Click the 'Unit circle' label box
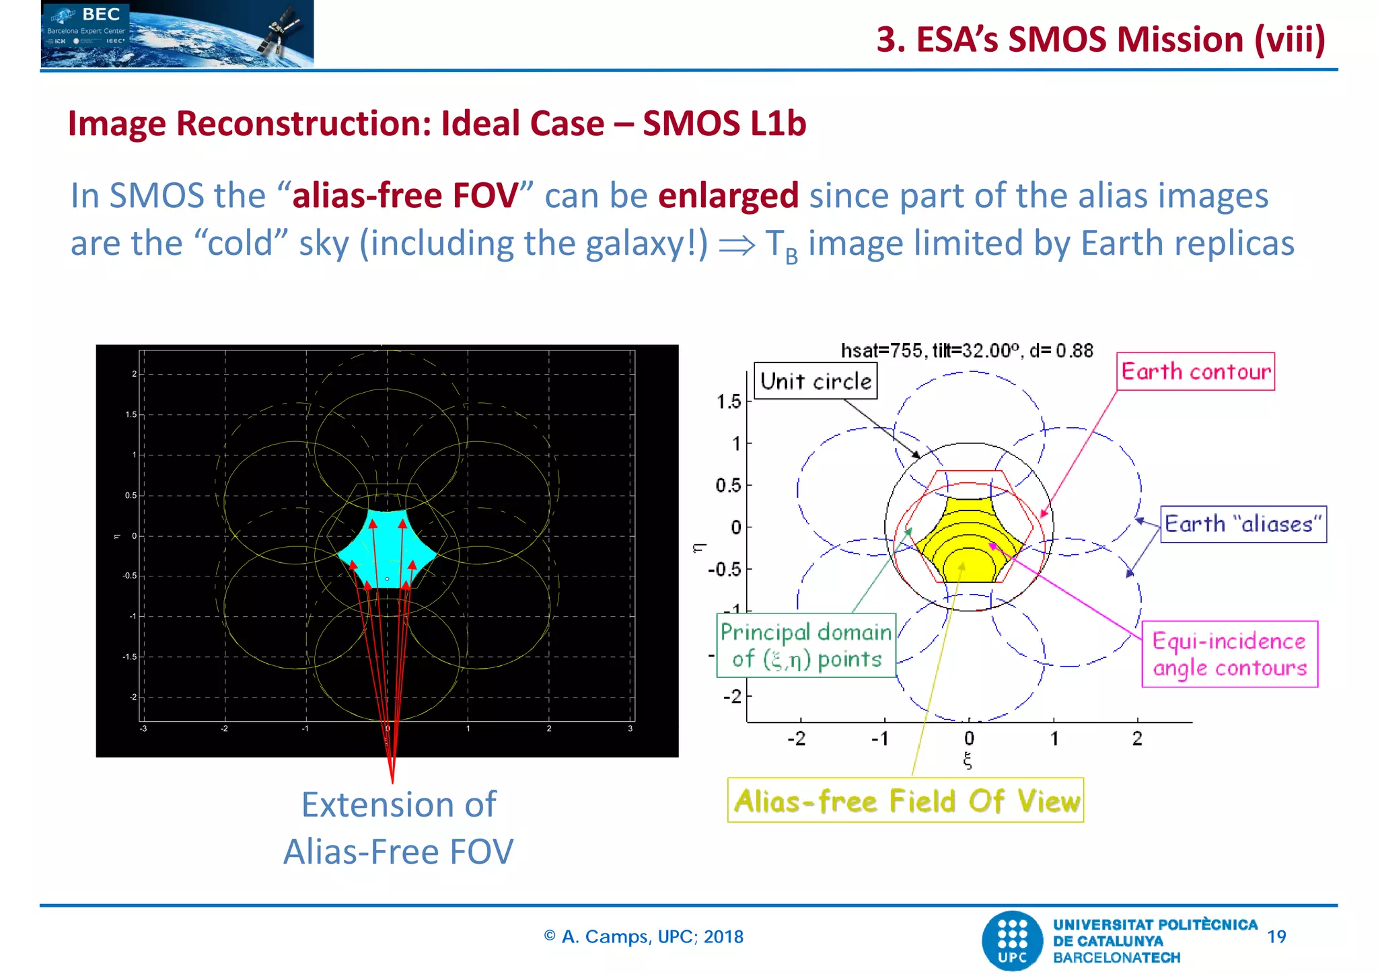coord(815,381)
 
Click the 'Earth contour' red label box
coord(1196,371)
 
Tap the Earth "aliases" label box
coord(1243,524)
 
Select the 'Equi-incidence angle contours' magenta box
coord(1229,654)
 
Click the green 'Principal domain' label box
coord(806,645)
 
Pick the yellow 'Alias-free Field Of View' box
coord(906,800)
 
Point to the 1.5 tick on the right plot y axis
coord(729,402)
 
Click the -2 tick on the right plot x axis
coord(797,739)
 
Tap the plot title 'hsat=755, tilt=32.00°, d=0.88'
coord(967,350)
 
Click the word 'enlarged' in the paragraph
coord(728,196)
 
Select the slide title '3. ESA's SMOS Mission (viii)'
coord(1100,39)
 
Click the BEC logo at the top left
coord(177,34)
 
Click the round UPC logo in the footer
coord(1013,941)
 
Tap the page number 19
coord(1276,936)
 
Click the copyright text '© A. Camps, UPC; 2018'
coord(643,936)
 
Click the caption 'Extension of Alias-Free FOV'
coord(398,828)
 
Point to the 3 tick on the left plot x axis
coord(630,728)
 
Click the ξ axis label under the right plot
coord(968,760)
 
